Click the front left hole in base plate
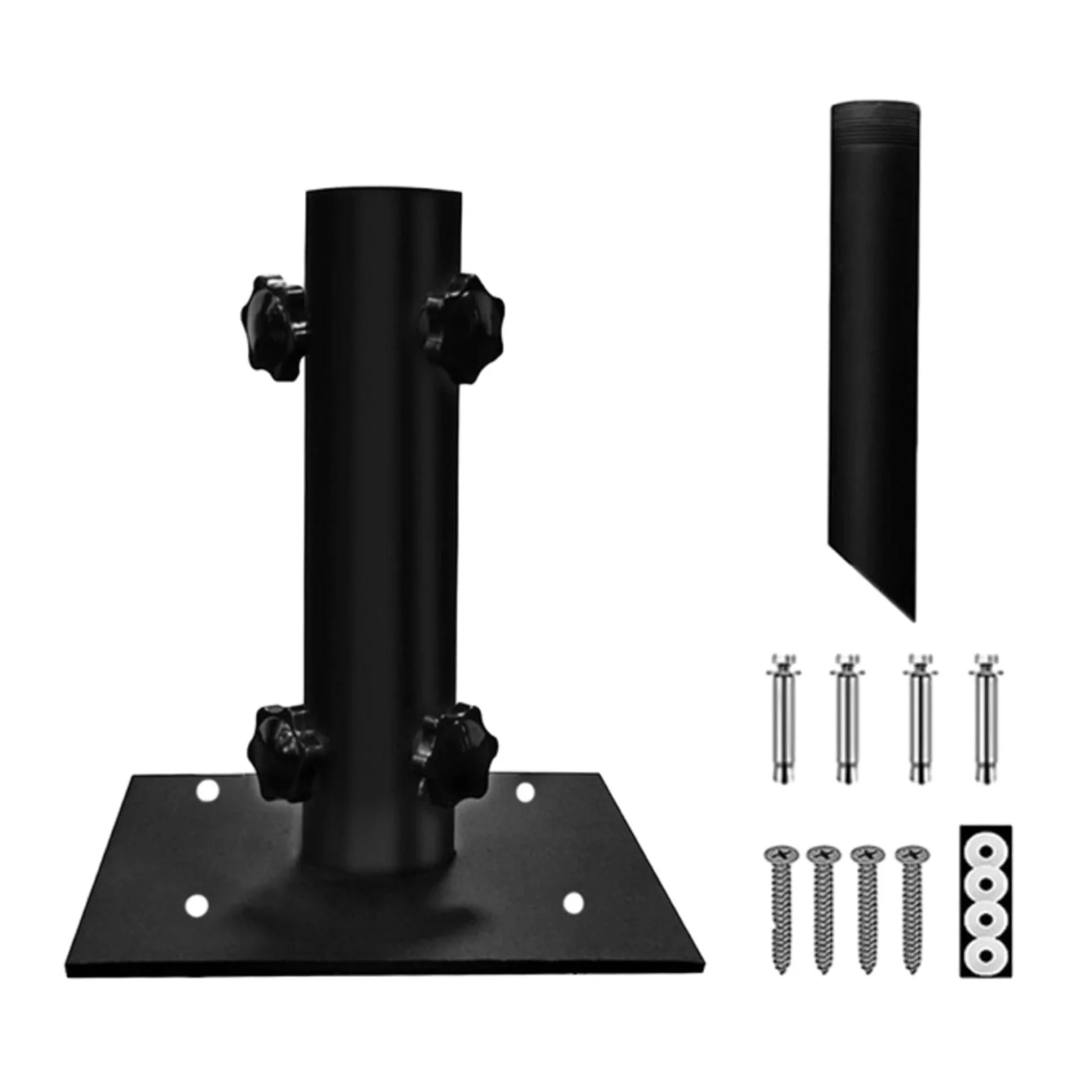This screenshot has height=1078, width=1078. point(196,906)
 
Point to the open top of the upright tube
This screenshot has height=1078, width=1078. point(384,195)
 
